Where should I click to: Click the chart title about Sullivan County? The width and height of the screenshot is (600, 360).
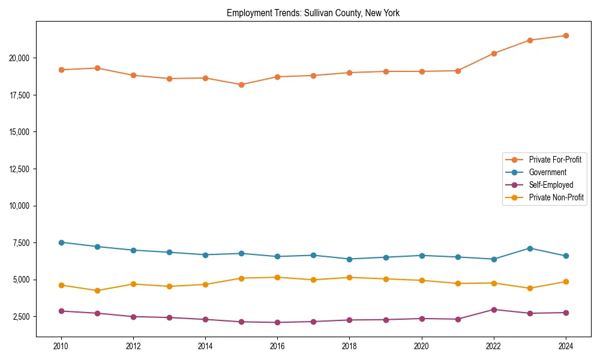[313, 13]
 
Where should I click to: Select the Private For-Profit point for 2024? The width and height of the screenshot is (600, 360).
[566, 35]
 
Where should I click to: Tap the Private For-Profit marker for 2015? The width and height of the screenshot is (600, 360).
[241, 85]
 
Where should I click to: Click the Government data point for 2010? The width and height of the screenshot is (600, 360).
[61, 242]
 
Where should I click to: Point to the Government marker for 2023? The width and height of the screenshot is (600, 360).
[530, 248]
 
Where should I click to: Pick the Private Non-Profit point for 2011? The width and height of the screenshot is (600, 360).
[97, 290]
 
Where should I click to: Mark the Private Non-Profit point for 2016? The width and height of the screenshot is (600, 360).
[277, 277]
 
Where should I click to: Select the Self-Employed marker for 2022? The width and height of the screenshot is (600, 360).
[494, 310]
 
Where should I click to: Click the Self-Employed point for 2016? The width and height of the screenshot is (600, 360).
[277, 322]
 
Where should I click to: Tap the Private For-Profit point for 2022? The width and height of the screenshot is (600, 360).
[494, 53]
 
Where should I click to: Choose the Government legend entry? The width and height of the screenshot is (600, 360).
[547, 172]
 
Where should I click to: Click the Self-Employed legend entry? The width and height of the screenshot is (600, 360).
[551, 185]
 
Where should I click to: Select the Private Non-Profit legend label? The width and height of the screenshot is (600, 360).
[556, 197]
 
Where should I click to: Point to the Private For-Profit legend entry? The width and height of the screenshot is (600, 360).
[555, 160]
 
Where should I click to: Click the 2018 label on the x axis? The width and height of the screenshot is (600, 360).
[349, 346]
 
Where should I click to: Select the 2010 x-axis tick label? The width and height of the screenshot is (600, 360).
[61, 346]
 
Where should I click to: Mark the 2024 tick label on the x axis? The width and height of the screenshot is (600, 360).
[566, 346]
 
